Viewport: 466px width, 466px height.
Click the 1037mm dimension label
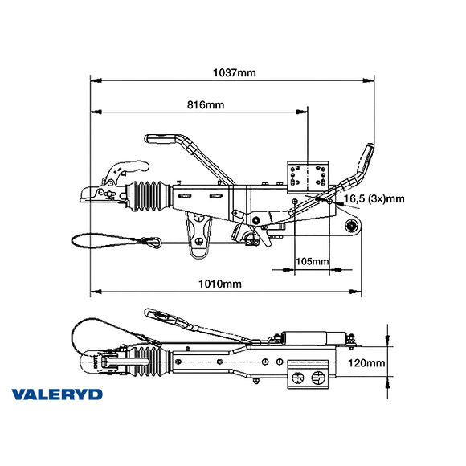(234, 72)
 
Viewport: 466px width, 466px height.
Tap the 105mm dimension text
(313, 261)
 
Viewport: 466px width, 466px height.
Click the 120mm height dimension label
(366, 362)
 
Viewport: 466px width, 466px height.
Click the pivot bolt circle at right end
(350, 227)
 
